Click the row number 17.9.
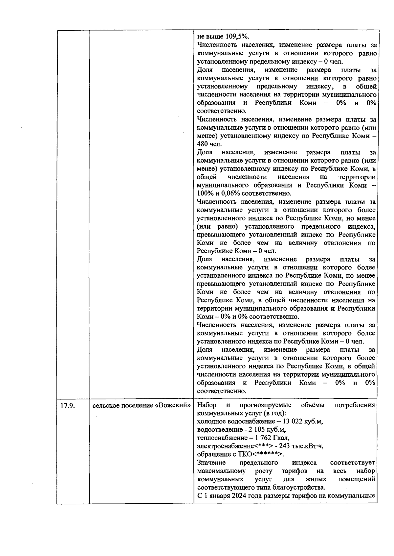coord(67,406)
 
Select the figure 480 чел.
coord(209,144)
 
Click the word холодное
coord(211,421)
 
